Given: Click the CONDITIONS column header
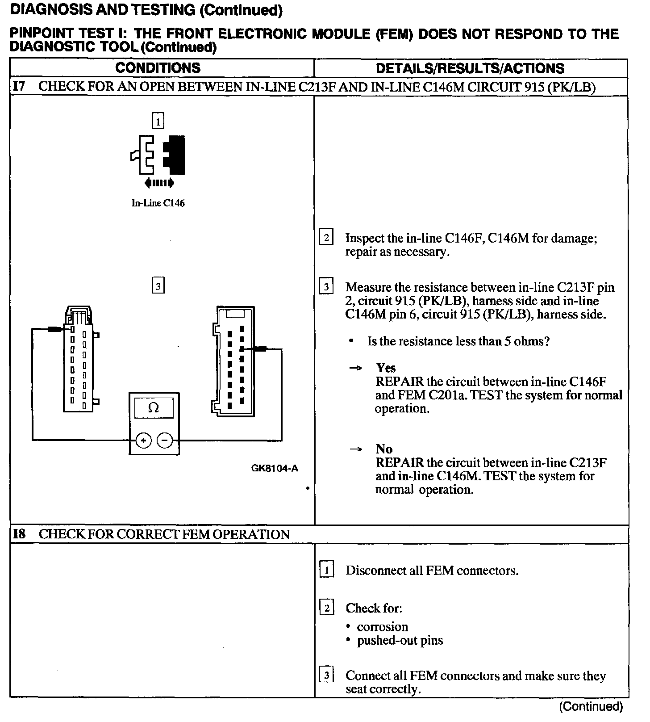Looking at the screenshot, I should click(x=158, y=68).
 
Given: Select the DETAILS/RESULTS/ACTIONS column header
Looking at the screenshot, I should click(x=470, y=68).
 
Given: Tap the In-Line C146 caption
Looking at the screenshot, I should click(x=158, y=203).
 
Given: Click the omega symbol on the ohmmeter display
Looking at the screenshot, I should click(x=154, y=407).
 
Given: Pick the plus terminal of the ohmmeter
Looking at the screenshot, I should click(x=143, y=441).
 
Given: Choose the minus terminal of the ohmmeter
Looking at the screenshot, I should click(x=165, y=441).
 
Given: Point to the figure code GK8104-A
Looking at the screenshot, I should click(x=274, y=468).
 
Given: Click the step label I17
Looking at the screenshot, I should click(x=19, y=86).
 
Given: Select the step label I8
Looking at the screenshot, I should click(x=19, y=534).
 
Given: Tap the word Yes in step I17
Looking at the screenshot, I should click(x=386, y=368).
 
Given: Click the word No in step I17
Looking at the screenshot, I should click(x=384, y=449).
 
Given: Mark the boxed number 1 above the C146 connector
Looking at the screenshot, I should click(x=158, y=121).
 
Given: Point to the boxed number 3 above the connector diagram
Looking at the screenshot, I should click(x=158, y=285).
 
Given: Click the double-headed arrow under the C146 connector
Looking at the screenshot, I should click(x=159, y=183).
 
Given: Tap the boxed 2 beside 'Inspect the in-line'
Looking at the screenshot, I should click(x=326, y=238).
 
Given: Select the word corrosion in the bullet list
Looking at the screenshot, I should click(x=382, y=627).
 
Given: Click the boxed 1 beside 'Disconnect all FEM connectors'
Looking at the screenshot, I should click(x=327, y=570).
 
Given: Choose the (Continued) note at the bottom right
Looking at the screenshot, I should click(x=590, y=706).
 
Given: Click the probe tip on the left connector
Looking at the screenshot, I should click(x=56, y=329).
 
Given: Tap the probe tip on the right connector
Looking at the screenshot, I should click(x=260, y=349).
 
